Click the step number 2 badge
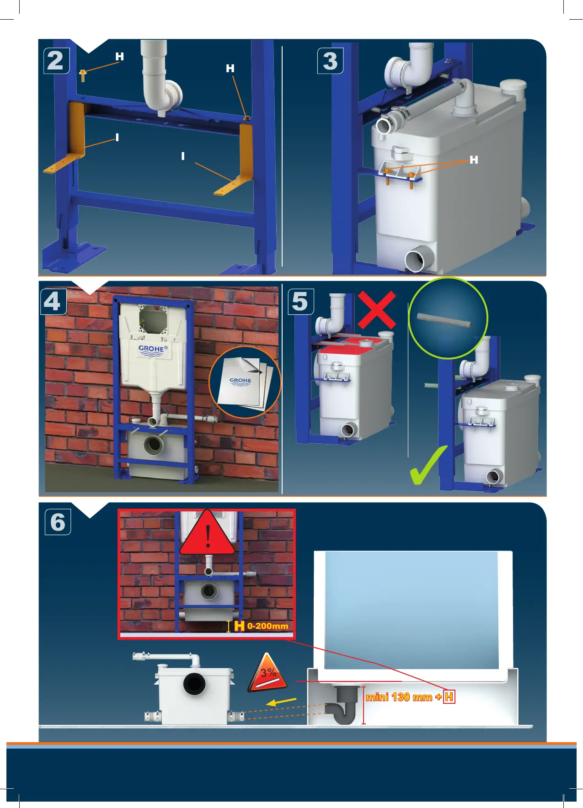56,61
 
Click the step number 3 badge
330,61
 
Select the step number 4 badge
53,302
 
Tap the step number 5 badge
300,302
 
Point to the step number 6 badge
58,522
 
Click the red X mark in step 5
377,310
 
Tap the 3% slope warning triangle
268,674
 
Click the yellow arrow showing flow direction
281,702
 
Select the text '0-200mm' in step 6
268,626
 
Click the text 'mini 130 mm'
399,697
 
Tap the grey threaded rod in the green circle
443,320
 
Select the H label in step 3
474,160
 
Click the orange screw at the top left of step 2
83,75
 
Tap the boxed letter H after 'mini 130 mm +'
449,697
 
